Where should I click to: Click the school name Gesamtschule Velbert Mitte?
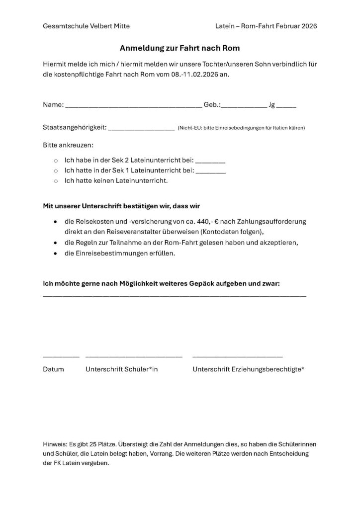(x=87, y=26)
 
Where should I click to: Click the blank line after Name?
(x=133, y=107)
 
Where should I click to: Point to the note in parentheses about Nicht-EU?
(x=241, y=128)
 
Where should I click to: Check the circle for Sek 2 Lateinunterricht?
(x=56, y=162)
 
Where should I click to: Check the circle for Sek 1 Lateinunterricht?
(x=56, y=171)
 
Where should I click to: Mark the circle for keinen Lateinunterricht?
(x=56, y=180)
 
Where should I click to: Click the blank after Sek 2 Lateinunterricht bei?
(x=211, y=163)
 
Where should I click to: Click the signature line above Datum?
(x=61, y=356)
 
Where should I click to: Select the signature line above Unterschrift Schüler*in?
(x=134, y=356)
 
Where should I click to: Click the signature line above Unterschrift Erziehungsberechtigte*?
(x=238, y=356)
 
